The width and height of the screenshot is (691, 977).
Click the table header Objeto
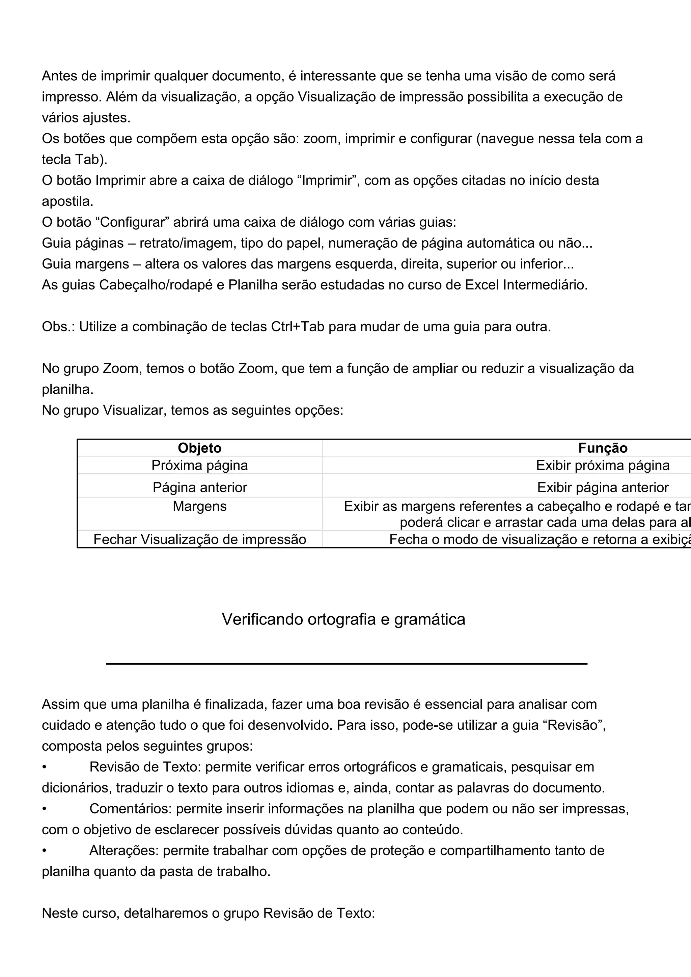[x=199, y=448]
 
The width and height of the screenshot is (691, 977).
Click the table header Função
[x=603, y=448]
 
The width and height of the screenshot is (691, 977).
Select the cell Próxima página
[x=199, y=466]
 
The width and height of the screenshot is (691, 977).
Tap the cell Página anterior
[x=199, y=487]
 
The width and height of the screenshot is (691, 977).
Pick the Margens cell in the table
[x=199, y=507]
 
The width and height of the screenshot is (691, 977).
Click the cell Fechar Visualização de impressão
[x=199, y=539]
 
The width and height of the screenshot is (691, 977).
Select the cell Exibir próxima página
[x=603, y=466]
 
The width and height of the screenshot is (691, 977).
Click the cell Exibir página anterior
[x=603, y=487]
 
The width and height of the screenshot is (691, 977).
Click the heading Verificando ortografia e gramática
[x=343, y=619]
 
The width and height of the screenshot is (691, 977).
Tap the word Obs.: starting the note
[x=58, y=327]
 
